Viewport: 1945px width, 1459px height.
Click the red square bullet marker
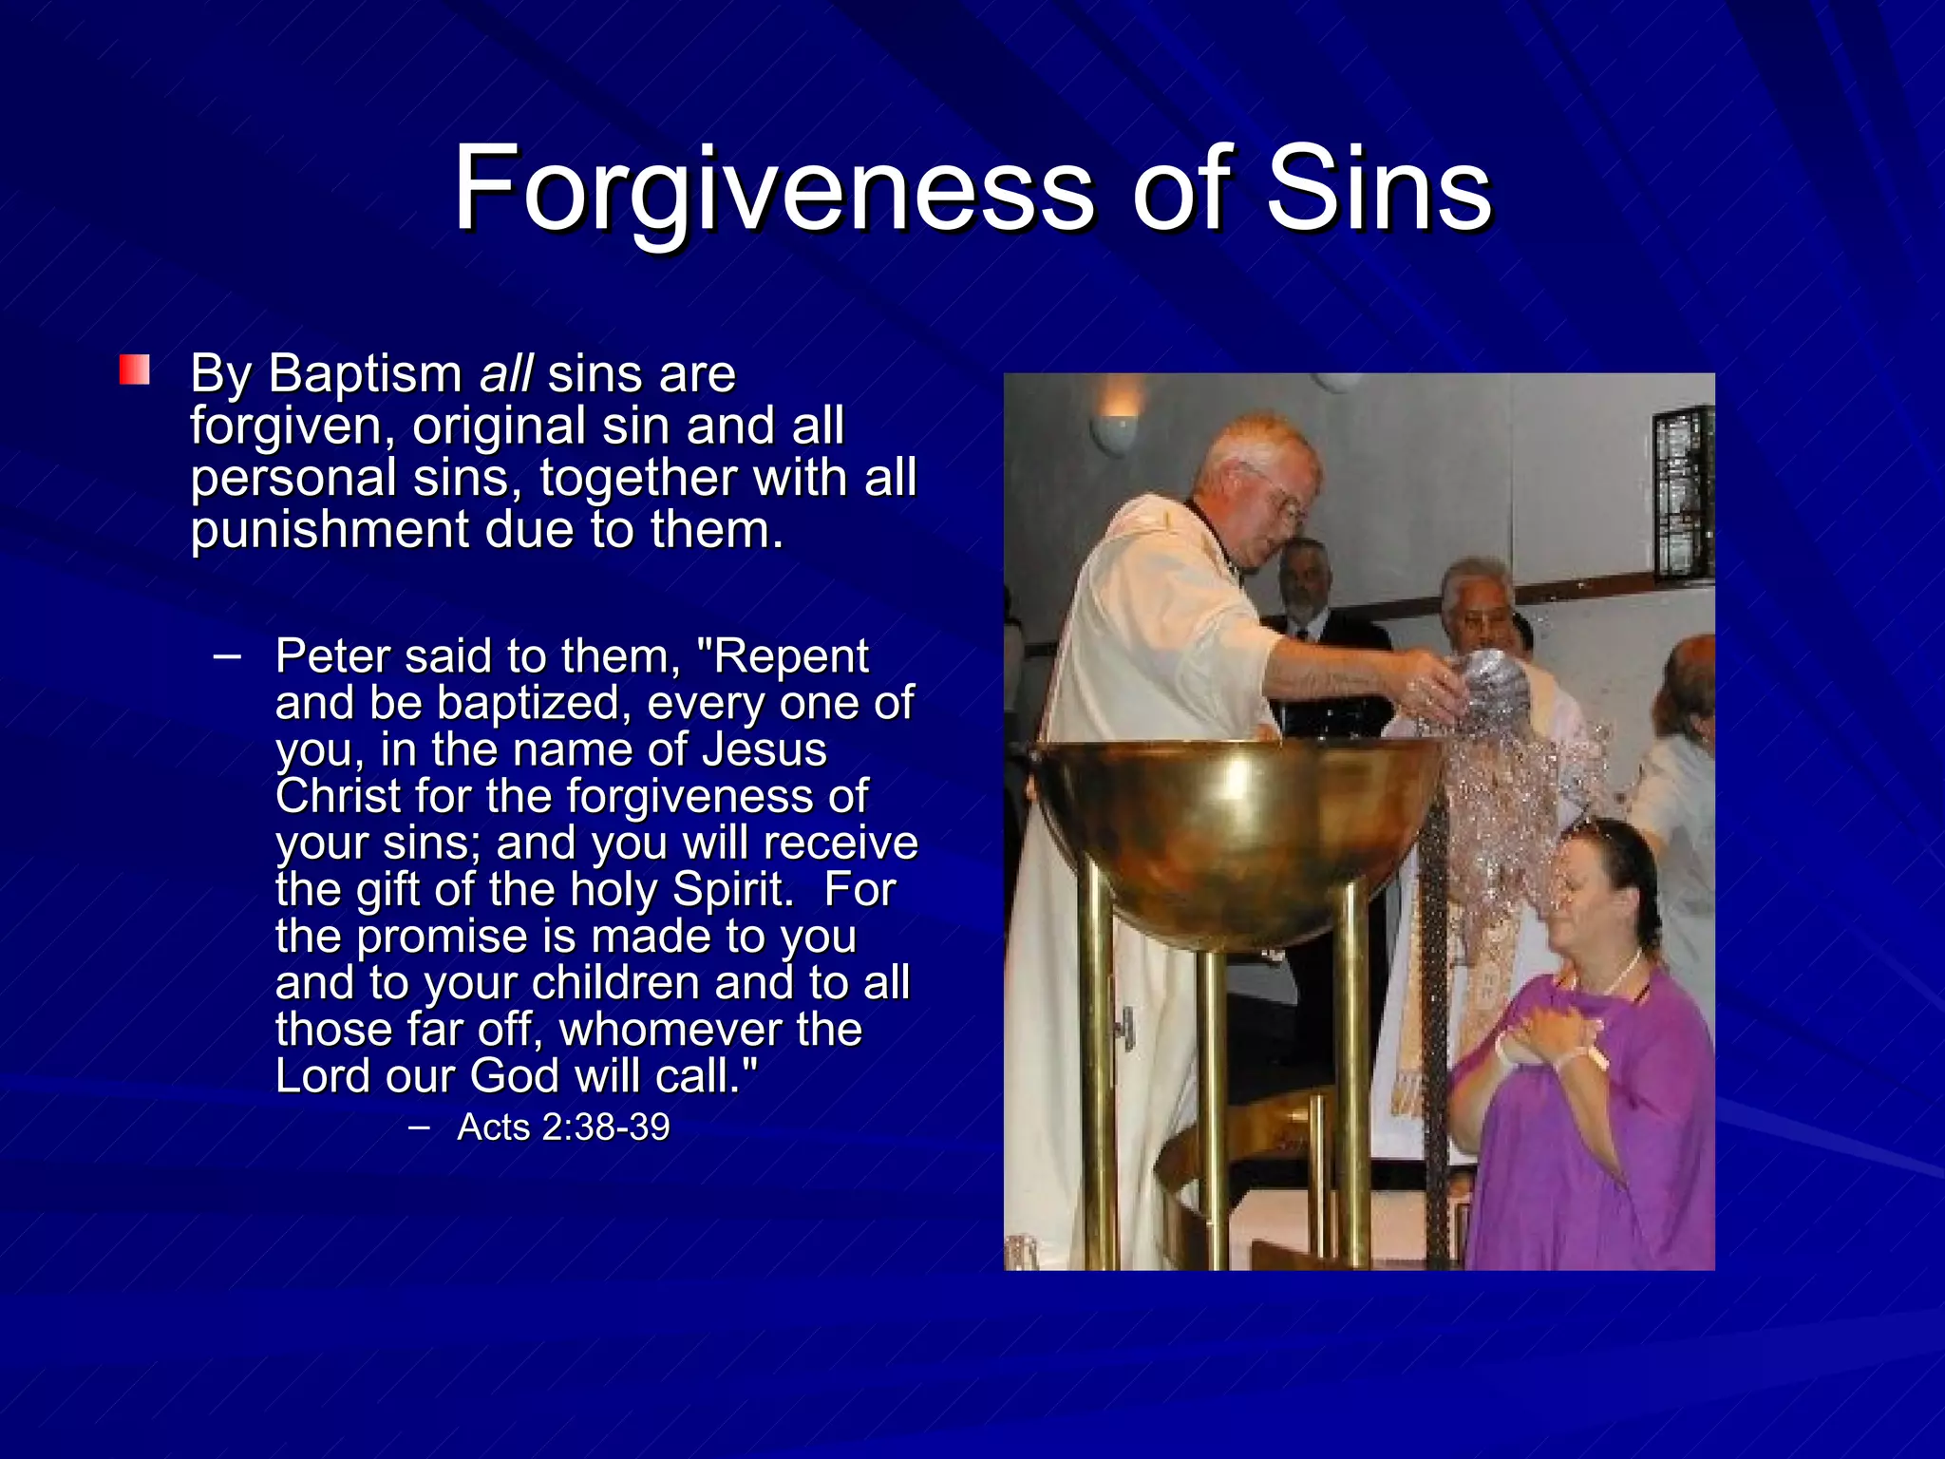click(x=135, y=370)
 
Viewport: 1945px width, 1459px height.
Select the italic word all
click(x=506, y=373)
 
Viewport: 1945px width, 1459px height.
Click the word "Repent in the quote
click(x=783, y=656)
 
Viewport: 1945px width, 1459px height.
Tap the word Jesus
click(x=765, y=749)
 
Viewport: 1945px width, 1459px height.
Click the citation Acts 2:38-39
click(x=563, y=1127)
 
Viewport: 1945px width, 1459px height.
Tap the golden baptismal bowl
click(x=1235, y=826)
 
